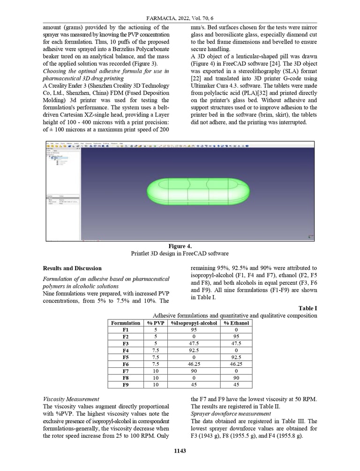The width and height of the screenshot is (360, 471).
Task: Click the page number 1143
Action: point(180,451)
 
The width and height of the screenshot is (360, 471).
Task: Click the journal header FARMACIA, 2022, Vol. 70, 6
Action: point(180,17)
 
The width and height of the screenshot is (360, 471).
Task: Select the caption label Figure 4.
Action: point(180,246)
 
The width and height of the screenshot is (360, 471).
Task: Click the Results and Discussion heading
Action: point(72,268)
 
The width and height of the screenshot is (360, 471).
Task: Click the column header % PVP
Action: point(155,323)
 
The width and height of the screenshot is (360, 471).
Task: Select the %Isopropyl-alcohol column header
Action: point(194,323)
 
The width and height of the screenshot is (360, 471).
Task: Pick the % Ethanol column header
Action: point(236,323)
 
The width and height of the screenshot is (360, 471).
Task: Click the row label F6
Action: point(125,364)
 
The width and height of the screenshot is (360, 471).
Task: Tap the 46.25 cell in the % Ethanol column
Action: point(236,364)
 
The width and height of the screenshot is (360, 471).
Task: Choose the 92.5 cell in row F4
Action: point(194,350)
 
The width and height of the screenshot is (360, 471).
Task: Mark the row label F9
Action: point(125,385)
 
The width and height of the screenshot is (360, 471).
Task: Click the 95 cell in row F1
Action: point(194,330)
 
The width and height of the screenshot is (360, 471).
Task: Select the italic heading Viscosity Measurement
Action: point(71,399)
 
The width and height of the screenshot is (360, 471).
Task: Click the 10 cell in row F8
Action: point(155,378)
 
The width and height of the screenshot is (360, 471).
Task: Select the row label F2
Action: point(125,336)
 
